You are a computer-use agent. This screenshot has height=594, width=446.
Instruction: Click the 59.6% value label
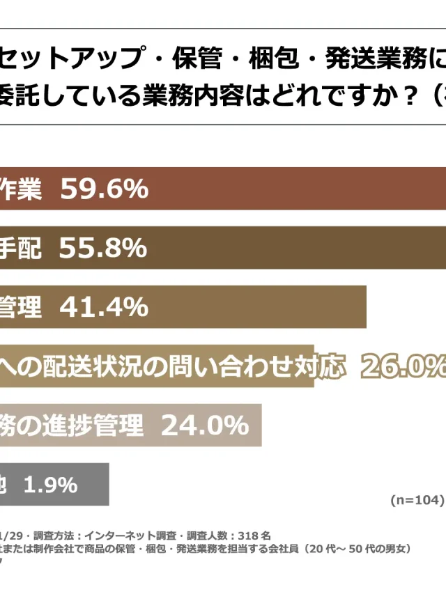[105, 189]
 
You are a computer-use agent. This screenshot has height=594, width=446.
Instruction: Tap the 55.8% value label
[102, 248]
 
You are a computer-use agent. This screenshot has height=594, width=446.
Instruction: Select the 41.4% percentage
[104, 306]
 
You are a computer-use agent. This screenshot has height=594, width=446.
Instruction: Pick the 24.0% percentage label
[205, 425]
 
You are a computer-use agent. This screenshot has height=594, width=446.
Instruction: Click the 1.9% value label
[50, 485]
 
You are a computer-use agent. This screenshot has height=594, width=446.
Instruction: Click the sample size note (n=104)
[416, 500]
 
